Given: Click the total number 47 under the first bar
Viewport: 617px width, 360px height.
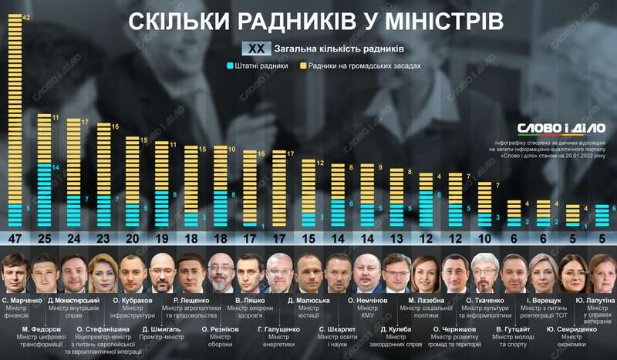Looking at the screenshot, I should coord(15,237).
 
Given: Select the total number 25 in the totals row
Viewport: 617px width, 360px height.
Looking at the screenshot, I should coord(44,237).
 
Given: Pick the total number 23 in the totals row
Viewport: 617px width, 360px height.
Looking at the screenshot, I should coord(103,237).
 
